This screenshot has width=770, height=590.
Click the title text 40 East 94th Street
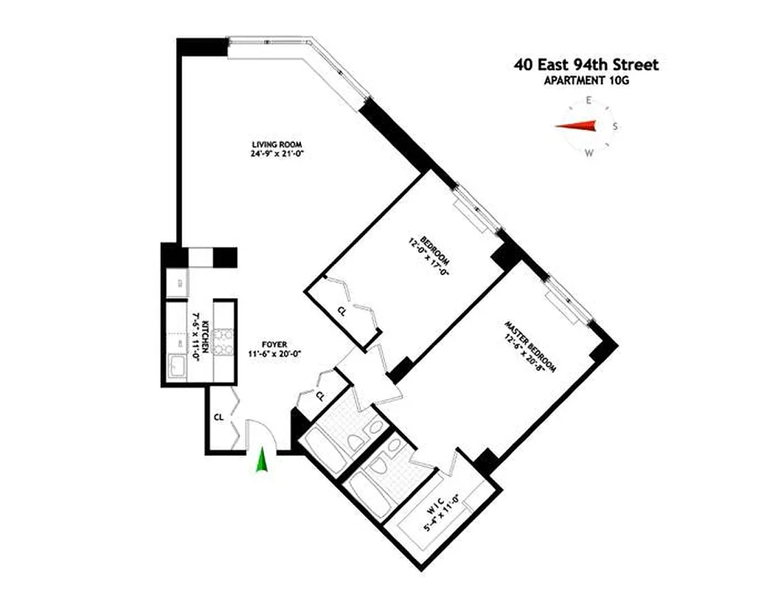(x=586, y=65)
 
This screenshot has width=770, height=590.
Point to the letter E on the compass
(x=589, y=100)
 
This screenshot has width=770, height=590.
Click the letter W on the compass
(x=589, y=153)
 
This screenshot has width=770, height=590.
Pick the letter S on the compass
(x=615, y=126)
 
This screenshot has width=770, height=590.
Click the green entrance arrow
(x=261, y=462)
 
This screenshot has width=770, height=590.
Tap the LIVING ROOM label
(x=277, y=144)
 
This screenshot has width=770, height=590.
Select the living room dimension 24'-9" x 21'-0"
(x=277, y=154)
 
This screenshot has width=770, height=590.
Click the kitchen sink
(x=177, y=367)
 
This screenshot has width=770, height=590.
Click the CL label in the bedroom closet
(x=341, y=311)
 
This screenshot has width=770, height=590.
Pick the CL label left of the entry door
(x=218, y=417)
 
